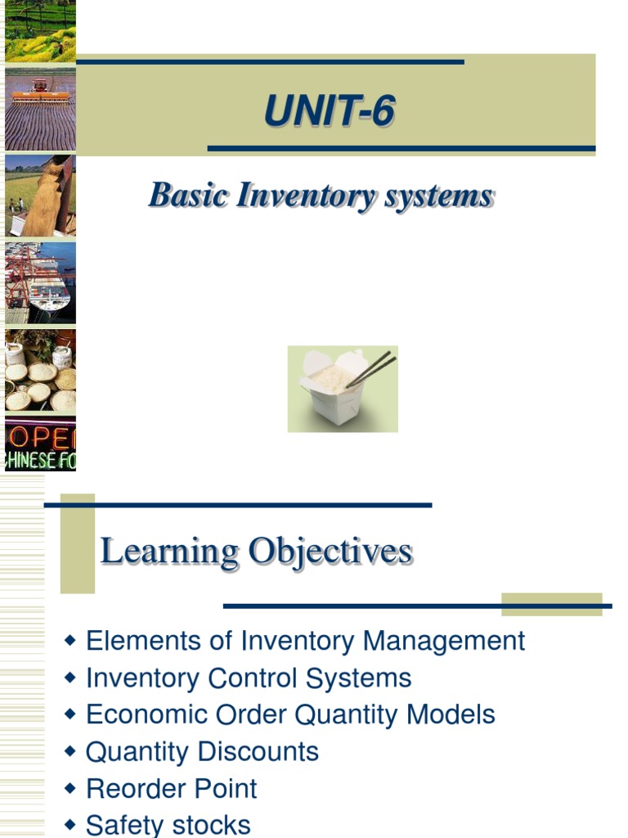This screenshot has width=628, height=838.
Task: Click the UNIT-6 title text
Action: click(329, 111)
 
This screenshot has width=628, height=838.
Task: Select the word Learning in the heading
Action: click(169, 551)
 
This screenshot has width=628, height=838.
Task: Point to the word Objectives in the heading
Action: click(330, 551)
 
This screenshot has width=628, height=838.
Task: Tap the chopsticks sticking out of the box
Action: click(372, 371)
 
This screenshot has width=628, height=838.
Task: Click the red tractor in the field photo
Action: click(39, 89)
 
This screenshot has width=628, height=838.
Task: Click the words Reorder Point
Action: click(172, 789)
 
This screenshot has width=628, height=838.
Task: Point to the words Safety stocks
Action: click(168, 825)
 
